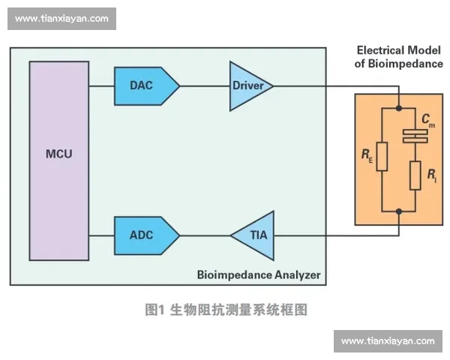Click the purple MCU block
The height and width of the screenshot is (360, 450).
pos(58,160)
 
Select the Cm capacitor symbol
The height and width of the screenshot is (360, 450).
pos(415,136)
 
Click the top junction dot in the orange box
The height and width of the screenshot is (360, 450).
pos(399,108)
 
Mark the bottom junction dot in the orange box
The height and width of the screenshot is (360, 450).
pos(399,211)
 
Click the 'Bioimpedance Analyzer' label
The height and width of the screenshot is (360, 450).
pos(258,275)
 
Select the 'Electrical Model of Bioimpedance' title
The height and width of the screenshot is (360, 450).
pos(398,57)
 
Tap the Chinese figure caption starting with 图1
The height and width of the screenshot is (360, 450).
pos(226,309)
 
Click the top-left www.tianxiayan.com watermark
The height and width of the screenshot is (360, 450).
pos(62,19)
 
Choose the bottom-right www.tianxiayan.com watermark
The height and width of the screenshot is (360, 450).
pos(387,341)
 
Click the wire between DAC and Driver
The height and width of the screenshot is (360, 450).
pos(205,85)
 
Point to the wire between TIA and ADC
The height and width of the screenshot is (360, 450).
pos(205,235)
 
